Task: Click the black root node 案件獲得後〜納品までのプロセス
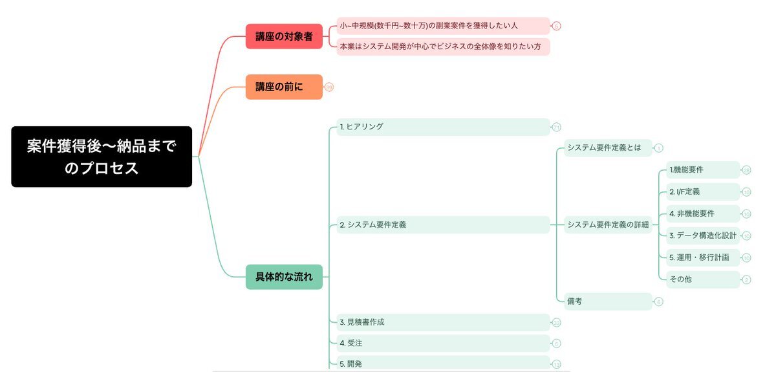[x=102, y=157]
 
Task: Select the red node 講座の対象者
[x=284, y=36]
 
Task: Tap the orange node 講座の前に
[x=284, y=87]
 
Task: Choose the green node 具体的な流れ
[x=284, y=277]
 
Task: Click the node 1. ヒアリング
[x=443, y=127]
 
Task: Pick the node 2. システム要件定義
[x=443, y=225]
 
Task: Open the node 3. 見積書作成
[x=443, y=322]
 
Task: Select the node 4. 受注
[x=443, y=343]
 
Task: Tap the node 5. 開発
[x=443, y=363]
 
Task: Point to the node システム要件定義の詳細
[x=608, y=225]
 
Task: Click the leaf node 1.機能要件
[x=703, y=170]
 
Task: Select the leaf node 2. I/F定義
[x=703, y=191]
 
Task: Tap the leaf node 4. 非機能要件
[x=703, y=213]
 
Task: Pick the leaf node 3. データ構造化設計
[x=703, y=235]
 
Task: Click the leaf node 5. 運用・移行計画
[x=703, y=257]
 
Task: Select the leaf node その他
[x=703, y=279]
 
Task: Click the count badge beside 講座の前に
[x=329, y=87]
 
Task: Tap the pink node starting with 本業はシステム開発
[x=443, y=47]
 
